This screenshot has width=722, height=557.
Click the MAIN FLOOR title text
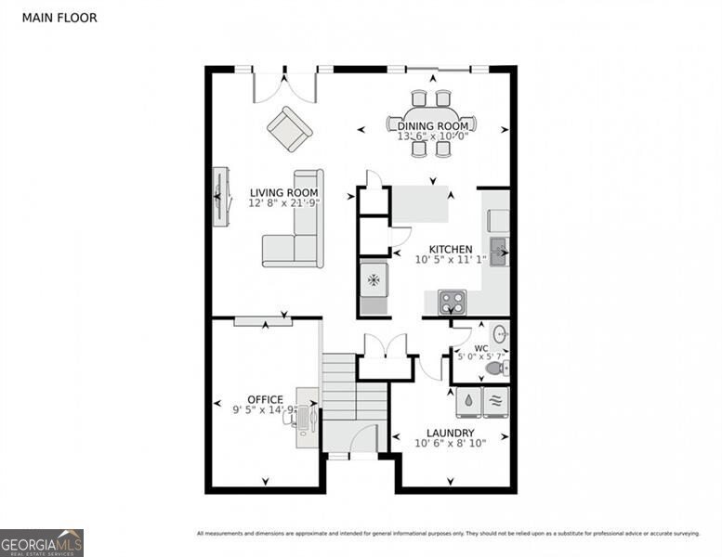[59, 18]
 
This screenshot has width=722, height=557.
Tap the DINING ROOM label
[433, 125]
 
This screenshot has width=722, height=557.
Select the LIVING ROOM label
[283, 193]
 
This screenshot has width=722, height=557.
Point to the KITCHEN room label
[450, 249]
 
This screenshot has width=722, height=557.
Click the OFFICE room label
[265, 400]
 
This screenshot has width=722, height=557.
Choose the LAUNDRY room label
[450, 433]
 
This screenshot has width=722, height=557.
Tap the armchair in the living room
[290, 129]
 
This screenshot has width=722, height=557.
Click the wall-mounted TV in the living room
[219, 195]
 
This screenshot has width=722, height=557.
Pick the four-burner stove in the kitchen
[452, 302]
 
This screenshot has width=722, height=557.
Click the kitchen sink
[498, 251]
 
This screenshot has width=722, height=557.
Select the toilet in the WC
[497, 369]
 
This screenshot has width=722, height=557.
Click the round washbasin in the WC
[499, 333]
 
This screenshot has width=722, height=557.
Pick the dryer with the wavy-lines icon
[496, 402]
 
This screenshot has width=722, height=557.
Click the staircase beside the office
[353, 395]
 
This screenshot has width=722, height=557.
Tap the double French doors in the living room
[285, 85]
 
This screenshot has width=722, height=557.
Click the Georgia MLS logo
[42, 542]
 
